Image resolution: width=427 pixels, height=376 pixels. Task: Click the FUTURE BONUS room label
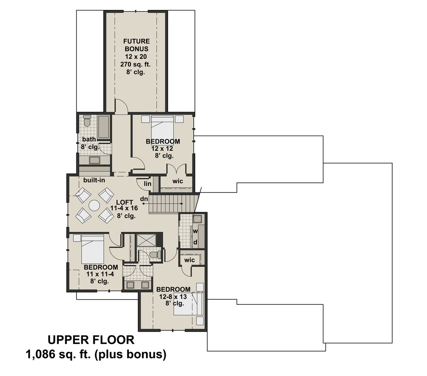(x=136, y=45)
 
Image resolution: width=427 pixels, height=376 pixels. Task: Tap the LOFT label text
(x=124, y=202)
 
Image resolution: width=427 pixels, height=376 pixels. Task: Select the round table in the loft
(x=94, y=206)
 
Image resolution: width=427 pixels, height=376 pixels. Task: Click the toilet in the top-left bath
(x=87, y=121)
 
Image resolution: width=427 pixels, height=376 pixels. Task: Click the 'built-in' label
(x=94, y=180)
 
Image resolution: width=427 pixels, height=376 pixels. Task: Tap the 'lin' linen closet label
(x=147, y=184)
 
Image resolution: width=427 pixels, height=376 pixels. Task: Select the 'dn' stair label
(x=144, y=199)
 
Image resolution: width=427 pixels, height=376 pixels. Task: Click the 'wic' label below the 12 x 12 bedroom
(x=178, y=181)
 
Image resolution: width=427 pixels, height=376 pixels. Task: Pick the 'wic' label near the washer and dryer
(x=190, y=260)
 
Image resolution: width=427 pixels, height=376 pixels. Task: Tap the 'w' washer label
(x=195, y=231)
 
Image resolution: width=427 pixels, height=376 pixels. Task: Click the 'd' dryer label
(x=195, y=242)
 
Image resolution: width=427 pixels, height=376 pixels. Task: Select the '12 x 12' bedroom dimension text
(x=162, y=149)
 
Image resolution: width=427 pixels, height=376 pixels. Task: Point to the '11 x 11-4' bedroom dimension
(x=100, y=274)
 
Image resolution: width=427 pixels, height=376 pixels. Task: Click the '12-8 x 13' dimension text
(x=173, y=296)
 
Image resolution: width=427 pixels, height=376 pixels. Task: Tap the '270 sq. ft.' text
(x=135, y=64)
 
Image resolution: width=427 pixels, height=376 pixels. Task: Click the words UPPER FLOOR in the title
(x=91, y=340)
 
